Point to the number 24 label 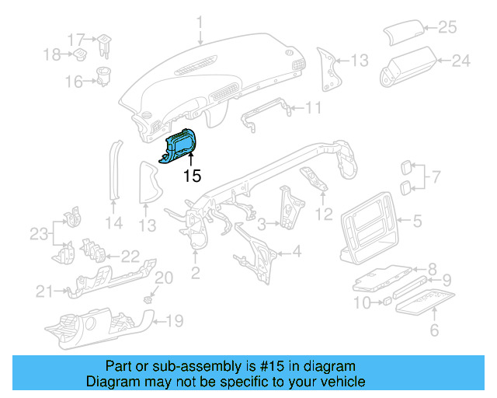[x=461, y=60]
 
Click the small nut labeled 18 [x=78, y=54]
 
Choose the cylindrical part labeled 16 [x=102, y=78]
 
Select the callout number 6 [x=434, y=331]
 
